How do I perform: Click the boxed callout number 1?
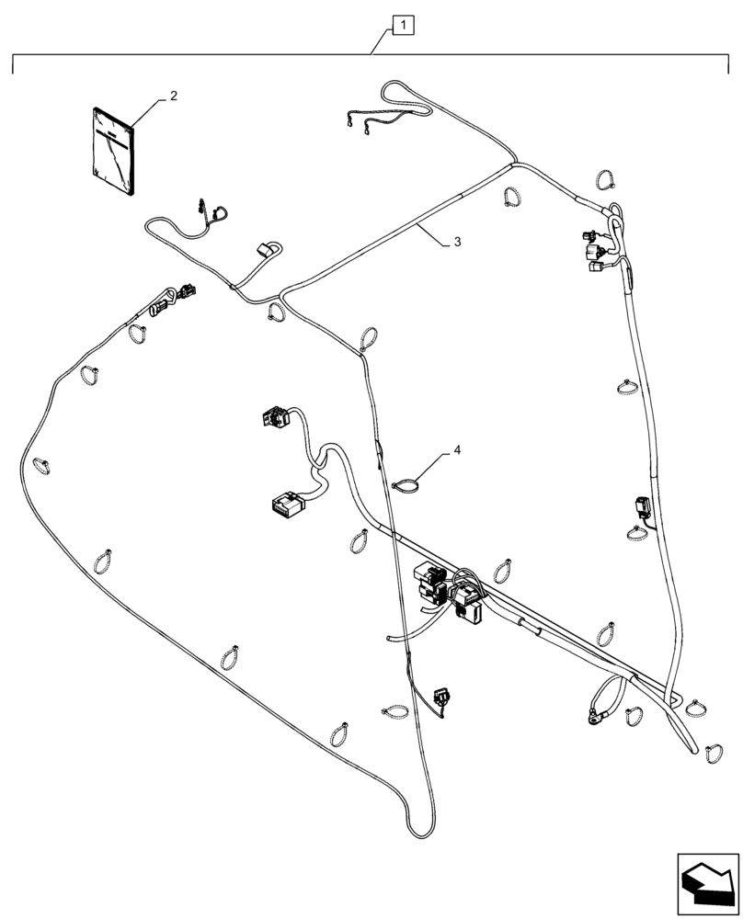405,26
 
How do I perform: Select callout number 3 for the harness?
456,243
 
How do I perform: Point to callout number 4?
457,452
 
